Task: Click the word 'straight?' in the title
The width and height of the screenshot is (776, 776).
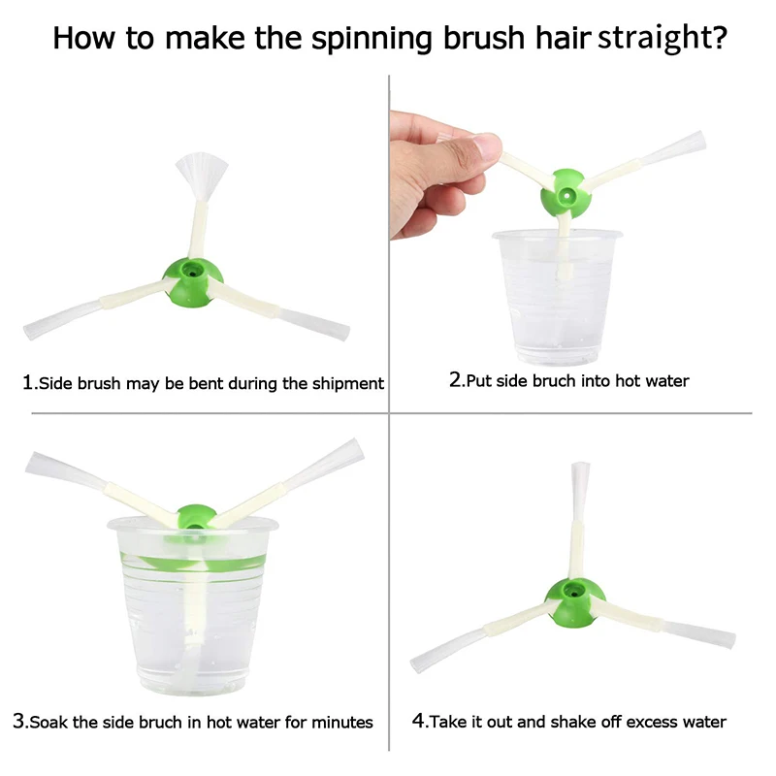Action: tap(663, 38)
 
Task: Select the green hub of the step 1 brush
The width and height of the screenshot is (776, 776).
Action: tap(193, 282)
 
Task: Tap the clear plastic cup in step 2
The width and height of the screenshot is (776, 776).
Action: tap(557, 296)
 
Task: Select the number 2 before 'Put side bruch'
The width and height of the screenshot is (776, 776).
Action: tap(455, 379)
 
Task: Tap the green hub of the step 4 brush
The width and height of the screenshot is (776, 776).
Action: tap(574, 602)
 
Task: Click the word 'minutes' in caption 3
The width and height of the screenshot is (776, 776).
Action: tap(342, 723)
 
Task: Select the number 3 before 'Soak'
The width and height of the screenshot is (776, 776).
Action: tap(18, 721)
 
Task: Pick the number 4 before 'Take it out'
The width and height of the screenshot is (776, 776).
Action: tap(418, 721)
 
